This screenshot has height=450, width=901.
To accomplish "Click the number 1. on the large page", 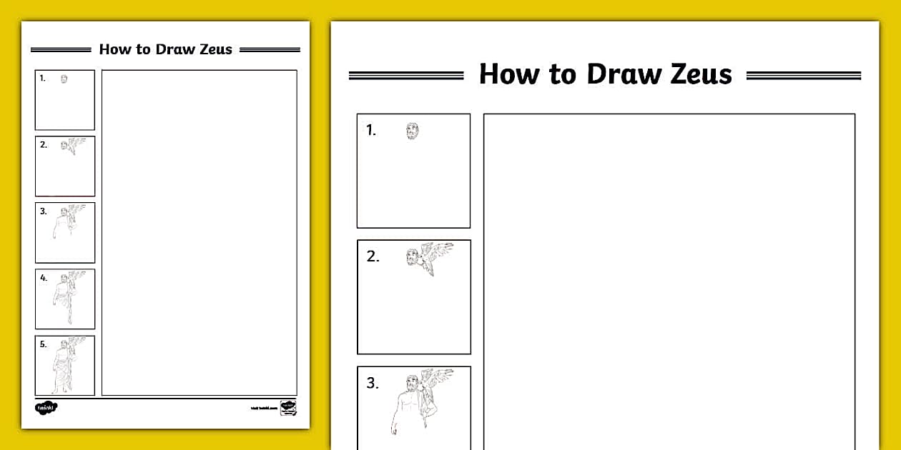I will click(370, 130).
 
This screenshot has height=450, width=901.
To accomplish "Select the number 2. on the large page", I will click(373, 256).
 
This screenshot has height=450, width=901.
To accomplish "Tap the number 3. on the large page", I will click(373, 383).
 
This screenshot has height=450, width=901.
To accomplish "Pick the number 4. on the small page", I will click(44, 278).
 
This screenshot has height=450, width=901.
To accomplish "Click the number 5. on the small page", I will click(44, 344).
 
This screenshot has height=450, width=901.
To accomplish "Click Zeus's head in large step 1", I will click(412, 131).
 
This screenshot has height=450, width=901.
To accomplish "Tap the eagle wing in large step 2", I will click(438, 254).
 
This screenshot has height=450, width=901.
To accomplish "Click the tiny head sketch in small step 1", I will click(64, 79).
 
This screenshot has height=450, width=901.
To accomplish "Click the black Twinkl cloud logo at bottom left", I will click(46, 408).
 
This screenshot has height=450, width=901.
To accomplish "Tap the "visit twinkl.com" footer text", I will click(263, 409).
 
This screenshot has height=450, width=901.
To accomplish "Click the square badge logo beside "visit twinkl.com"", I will click(288, 408).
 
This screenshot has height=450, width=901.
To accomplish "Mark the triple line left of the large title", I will click(405, 75).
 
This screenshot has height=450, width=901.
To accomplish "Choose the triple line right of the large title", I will click(803, 75).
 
